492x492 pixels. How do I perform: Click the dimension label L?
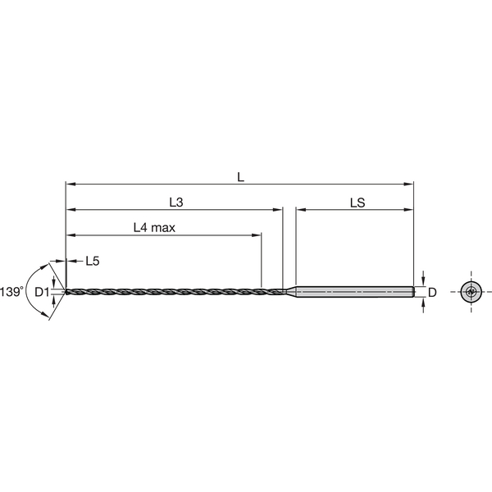pos(240,176)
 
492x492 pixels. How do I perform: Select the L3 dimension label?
pos(176,201)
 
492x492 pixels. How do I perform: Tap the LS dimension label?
pos(358,201)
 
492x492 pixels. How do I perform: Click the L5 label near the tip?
pos(93,262)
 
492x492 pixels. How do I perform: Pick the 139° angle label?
pos(11,291)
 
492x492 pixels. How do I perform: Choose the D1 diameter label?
pos(42,291)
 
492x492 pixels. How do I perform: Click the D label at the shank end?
pos(431,291)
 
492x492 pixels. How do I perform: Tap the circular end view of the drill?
pos(470,291)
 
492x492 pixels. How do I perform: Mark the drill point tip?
pos(65,291)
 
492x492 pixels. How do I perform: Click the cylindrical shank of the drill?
pos(353,291)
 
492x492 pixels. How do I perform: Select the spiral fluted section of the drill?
pos(164,291)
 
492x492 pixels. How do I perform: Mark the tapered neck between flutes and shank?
pos(288,291)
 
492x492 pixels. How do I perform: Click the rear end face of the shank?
pos(413,291)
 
